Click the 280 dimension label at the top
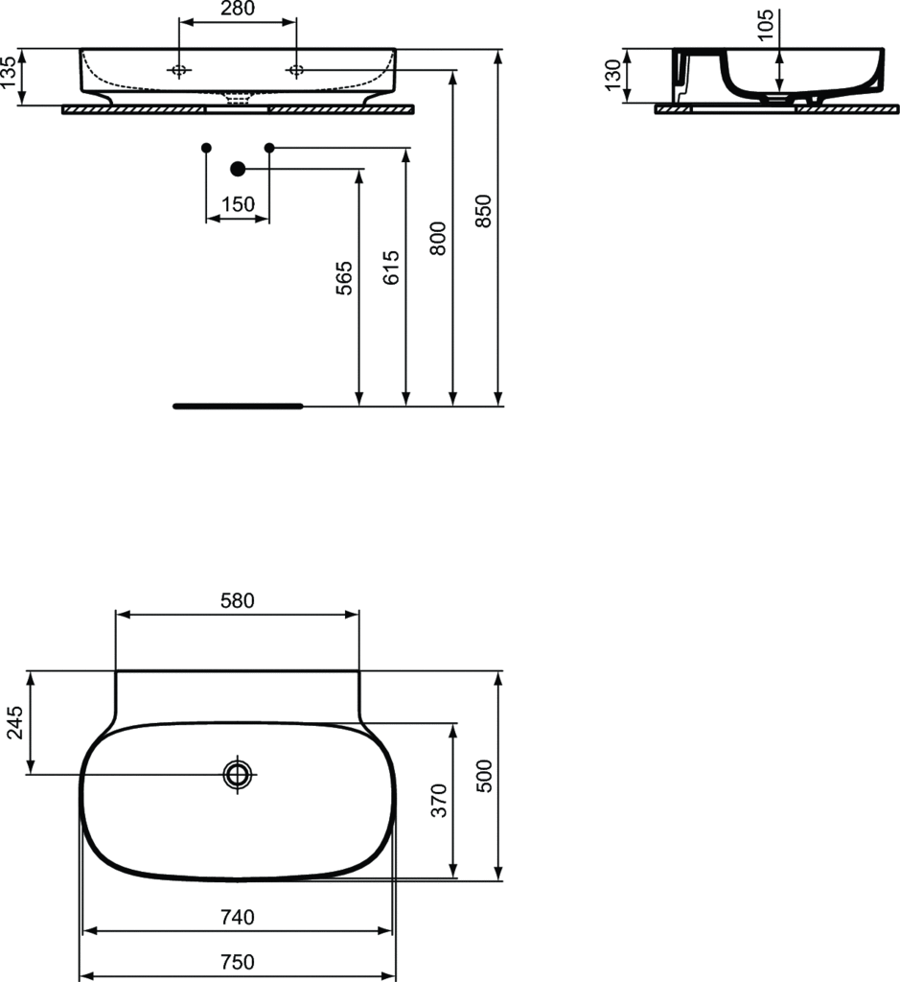click(x=238, y=8)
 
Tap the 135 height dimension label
click(x=9, y=73)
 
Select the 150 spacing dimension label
click(x=238, y=204)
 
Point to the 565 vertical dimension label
click(x=343, y=278)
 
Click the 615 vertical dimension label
click(x=390, y=268)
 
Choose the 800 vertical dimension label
click(x=437, y=238)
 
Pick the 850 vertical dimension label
click(x=483, y=211)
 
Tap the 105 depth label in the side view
click(x=765, y=25)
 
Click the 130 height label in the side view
click(x=613, y=75)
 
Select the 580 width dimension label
click(x=238, y=600)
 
